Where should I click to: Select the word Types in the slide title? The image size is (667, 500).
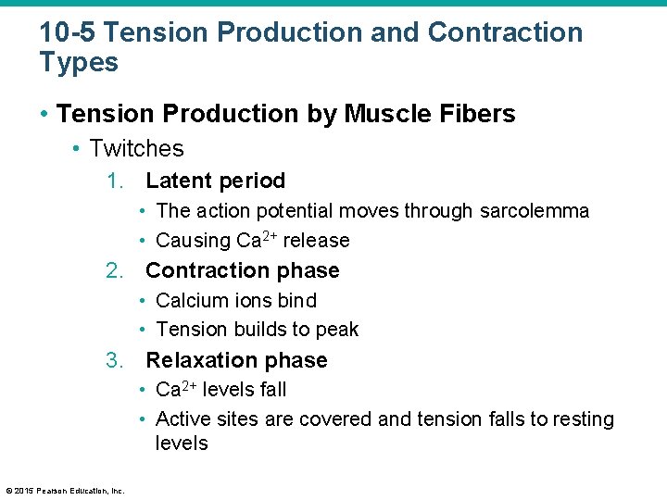[x=79, y=64]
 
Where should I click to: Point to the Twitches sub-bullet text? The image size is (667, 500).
[x=136, y=148]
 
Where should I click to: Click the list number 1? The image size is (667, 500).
[x=113, y=181]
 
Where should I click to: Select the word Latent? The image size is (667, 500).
[x=180, y=181]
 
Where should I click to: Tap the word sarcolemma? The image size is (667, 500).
[x=535, y=211]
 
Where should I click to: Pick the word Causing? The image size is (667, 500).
[x=193, y=241]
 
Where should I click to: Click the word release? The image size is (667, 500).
[x=316, y=241]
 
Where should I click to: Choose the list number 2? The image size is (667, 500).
[x=113, y=271]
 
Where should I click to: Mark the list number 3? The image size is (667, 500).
[x=113, y=360]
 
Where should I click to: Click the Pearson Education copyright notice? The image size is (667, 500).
[x=65, y=491]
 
